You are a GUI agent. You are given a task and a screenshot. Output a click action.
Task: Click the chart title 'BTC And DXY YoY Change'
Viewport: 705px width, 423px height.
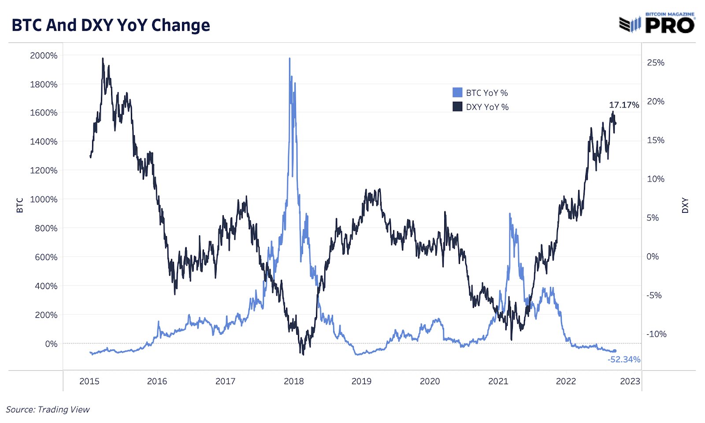tap(111, 25)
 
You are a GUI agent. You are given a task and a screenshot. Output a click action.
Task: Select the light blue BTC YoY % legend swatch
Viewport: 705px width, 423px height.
tap(457, 93)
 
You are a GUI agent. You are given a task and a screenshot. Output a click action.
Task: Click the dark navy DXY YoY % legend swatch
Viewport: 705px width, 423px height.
tap(457, 107)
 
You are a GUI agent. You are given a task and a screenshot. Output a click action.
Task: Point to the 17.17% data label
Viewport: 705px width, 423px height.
tap(623, 105)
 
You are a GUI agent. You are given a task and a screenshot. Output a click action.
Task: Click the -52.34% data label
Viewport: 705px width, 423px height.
tap(623, 360)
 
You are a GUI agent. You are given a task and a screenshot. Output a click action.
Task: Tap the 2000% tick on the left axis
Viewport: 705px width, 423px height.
tap(44, 56)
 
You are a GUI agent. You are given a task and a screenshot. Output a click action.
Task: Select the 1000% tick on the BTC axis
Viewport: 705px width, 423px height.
tap(44, 199)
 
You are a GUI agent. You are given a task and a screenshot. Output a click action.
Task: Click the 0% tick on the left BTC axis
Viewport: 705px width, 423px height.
tap(51, 344)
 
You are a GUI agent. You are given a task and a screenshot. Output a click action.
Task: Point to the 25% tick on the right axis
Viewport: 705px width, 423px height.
tap(655, 63)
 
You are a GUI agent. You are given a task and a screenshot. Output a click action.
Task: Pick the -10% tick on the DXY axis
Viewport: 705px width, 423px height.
tap(656, 334)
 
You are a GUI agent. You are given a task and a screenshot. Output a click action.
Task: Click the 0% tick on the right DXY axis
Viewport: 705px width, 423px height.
tap(653, 256)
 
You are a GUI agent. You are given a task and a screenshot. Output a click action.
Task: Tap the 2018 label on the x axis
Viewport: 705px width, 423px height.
tap(293, 381)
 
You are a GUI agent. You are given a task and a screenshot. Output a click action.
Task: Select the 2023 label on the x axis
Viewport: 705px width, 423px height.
tap(630, 381)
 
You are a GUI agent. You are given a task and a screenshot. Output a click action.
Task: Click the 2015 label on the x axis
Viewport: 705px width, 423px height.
tap(89, 381)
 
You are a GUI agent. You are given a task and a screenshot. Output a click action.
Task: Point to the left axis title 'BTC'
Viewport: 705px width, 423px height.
tap(20, 205)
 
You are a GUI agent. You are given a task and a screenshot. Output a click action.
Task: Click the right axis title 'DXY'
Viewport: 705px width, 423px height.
tap(685, 205)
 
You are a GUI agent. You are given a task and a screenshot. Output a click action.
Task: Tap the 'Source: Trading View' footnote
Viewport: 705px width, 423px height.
tap(48, 409)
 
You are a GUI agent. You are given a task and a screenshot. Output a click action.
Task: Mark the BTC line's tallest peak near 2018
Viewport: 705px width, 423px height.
tap(289, 59)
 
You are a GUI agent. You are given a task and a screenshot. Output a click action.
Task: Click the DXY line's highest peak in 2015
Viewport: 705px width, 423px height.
tap(103, 58)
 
